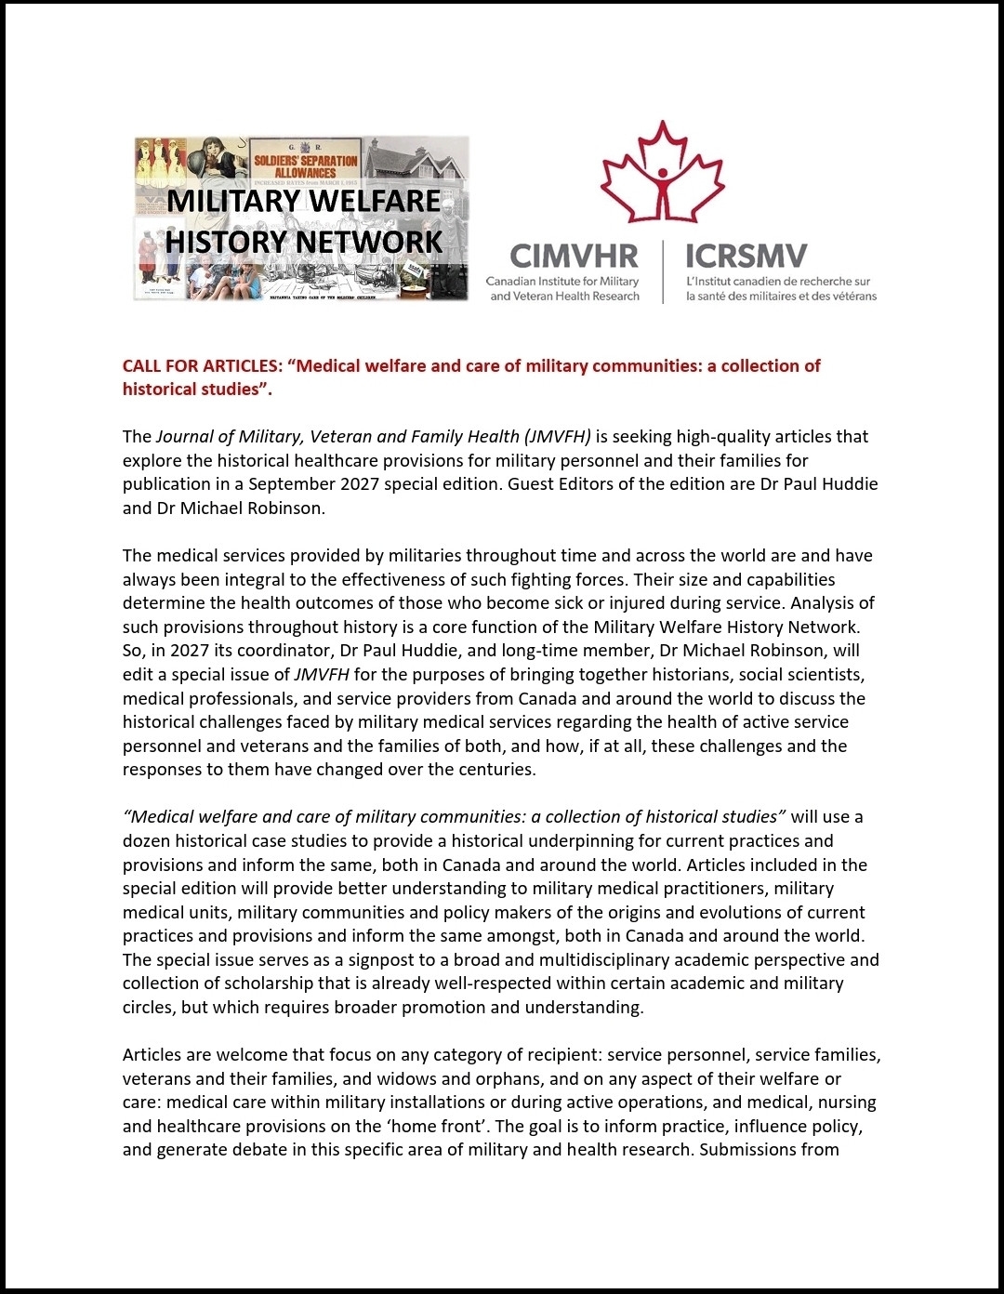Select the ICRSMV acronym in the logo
746,256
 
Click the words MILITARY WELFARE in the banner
304,201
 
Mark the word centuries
499,770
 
